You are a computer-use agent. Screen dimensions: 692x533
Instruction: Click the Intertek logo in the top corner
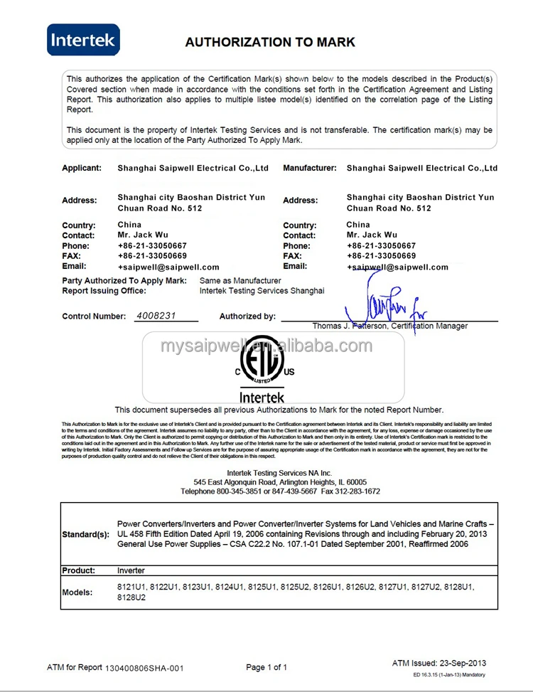point(83,40)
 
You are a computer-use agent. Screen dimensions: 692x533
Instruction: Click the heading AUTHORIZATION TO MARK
point(270,42)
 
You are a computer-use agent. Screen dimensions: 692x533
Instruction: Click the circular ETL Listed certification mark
point(262,364)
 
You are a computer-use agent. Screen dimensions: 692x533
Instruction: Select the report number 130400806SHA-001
point(145,668)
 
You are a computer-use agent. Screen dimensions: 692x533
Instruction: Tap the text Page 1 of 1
point(266,667)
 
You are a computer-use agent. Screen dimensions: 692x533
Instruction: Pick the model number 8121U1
point(130,587)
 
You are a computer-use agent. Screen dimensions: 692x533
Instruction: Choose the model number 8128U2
point(131,598)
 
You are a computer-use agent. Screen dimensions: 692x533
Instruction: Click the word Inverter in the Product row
point(131,570)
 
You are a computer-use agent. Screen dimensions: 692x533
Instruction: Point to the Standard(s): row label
point(86,534)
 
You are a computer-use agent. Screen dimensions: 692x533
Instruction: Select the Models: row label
point(77,592)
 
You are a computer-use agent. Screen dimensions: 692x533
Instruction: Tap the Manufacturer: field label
point(310,169)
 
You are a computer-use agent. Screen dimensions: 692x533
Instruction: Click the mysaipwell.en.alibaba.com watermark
point(266,346)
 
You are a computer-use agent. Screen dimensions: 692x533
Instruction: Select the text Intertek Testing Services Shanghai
point(262,290)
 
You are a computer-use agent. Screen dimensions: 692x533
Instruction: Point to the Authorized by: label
point(247,316)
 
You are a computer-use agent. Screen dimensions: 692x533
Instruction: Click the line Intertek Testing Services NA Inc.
point(279,473)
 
